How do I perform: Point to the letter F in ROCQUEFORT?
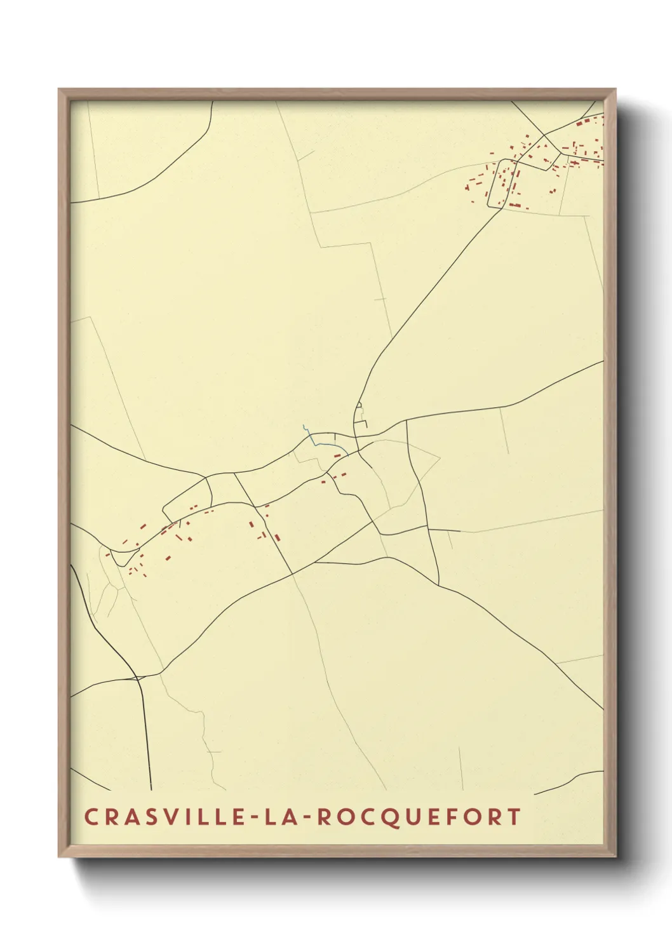point(449,817)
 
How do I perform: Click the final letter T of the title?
point(513,817)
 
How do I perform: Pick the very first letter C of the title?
point(90,817)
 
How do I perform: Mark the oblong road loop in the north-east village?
point(502,184)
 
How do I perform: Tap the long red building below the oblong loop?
point(514,205)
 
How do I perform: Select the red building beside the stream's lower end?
point(337,455)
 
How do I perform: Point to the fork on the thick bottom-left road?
point(137,678)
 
